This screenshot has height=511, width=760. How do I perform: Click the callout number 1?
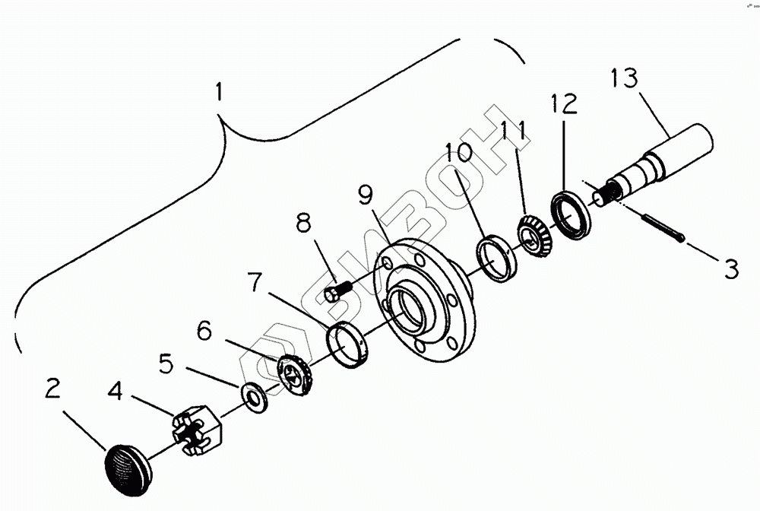pyautogui.click(x=219, y=94)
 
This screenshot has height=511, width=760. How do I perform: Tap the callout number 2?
pyautogui.click(x=52, y=390)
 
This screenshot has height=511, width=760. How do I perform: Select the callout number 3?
pyautogui.click(x=730, y=268)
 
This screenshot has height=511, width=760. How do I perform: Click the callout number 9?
pyautogui.click(x=366, y=197)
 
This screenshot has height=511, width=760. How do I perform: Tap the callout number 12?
pyautogui.click(x=564, y=103)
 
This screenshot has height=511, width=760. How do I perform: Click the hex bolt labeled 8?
pyautogui.click(x=336, y=291)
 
